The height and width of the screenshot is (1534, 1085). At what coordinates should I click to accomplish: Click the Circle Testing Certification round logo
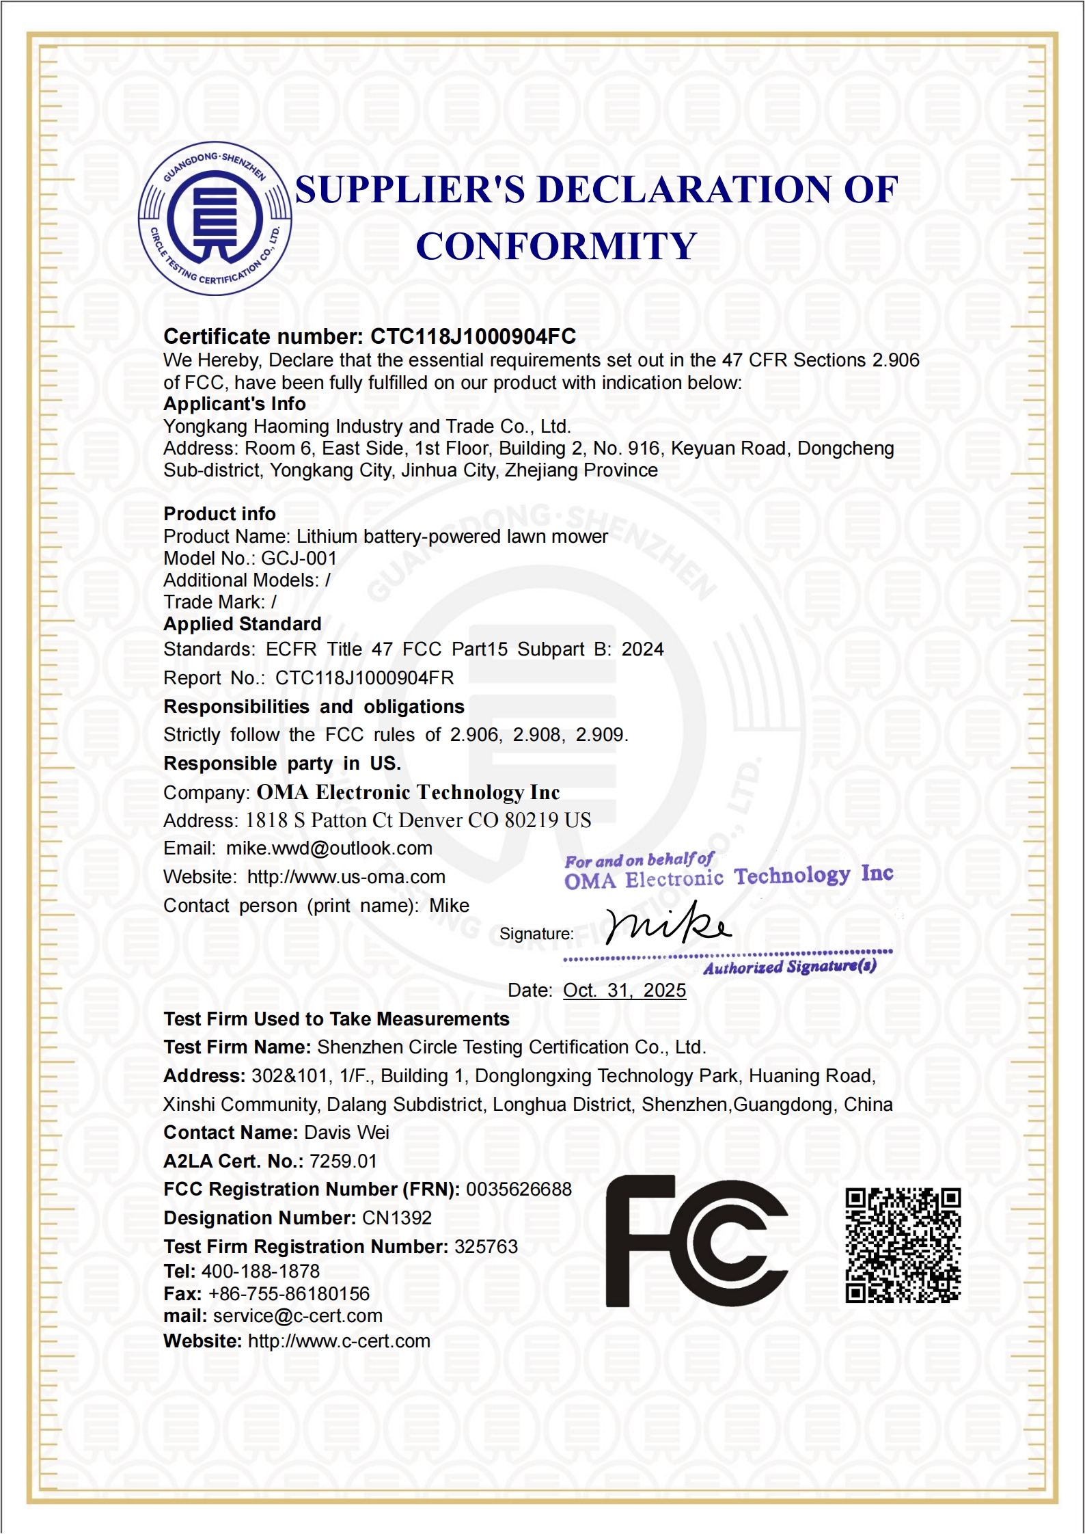click(x=215, y=219)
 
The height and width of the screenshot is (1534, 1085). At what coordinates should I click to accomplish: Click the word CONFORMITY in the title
click(x=556, y=246)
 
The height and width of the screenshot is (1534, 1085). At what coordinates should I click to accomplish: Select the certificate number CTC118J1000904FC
click(x=473, y=336)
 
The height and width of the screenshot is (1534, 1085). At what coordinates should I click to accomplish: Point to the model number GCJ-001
click(x=299, y=559)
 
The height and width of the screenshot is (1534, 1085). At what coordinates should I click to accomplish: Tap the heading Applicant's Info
click(x=234, y=404)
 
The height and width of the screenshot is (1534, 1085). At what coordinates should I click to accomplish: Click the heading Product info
click(x=219, y=514)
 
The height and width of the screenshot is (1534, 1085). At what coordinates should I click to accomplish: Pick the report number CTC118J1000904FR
click(x=364, y=678)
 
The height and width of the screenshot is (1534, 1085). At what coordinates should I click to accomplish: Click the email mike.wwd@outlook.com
click(x=329, y=848)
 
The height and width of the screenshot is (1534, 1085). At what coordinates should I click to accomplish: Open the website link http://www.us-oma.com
click(x=346, y=877)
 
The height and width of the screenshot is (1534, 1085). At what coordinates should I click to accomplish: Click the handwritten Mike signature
click(x=668, y=925)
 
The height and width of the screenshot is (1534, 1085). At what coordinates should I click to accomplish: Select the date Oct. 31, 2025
click(x=624, y=991)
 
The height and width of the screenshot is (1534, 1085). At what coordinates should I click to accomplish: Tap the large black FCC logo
click(x=696, y=1241)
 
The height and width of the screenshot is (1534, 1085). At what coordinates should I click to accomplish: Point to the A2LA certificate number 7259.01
click(x=343, y=1161)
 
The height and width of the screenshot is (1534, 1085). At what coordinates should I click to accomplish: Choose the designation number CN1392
click(x=396, y=1218)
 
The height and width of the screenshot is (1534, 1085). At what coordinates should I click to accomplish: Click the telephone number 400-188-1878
click(x=260, y=1271)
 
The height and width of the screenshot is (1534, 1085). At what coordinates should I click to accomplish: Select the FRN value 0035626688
click(x=519, y=1189)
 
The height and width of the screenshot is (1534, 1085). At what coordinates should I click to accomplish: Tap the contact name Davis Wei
click(x=346, y=1133)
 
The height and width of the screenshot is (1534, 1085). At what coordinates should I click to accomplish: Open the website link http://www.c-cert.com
click(x=339, y=1341)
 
